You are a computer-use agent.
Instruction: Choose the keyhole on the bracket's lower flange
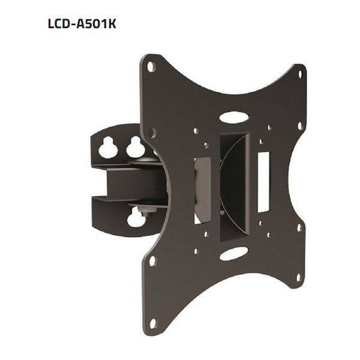[135, 219]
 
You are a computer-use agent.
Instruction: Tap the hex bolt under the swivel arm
[142, 211]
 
